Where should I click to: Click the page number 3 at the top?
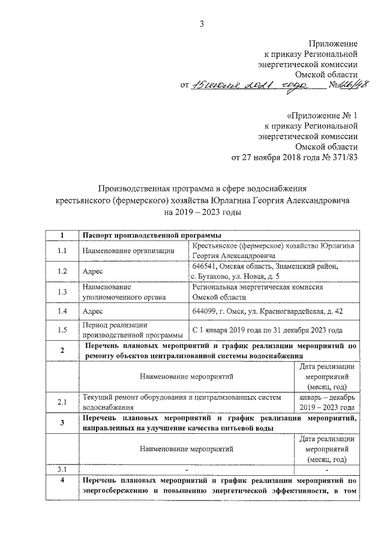[x=202, y=24]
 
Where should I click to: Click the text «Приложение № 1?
[x=323, y=115]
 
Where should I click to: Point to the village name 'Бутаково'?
[x=218, y=276]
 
